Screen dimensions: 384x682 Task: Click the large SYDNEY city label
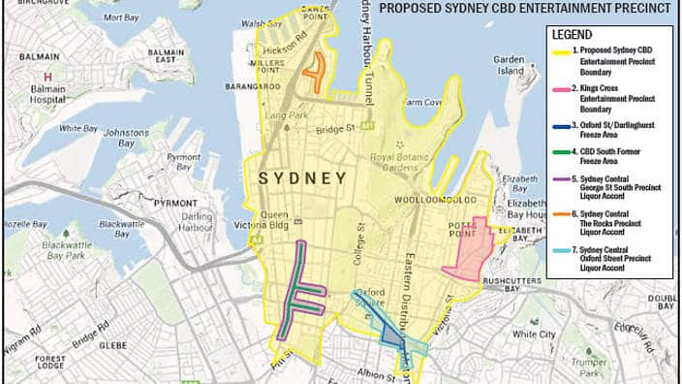(301, 179)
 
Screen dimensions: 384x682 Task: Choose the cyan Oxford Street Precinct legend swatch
(561, 251)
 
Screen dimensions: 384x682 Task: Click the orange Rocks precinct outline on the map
(313, 69)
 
